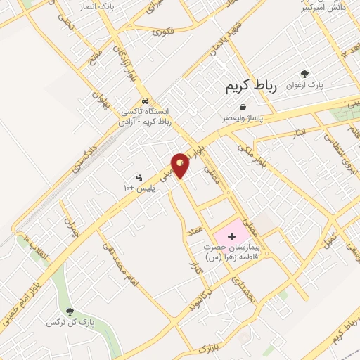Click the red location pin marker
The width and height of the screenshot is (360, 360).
(181, 165)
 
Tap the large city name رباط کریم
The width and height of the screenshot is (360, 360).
(252, 86)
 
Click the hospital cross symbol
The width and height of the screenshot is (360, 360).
(232, 237)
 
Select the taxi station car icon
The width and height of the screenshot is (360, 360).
(145, 100)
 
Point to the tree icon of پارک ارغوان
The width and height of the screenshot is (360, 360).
(304, 74)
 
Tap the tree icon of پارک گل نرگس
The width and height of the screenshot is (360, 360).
(69, 311)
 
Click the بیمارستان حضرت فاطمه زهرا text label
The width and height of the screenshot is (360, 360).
(233, 254)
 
